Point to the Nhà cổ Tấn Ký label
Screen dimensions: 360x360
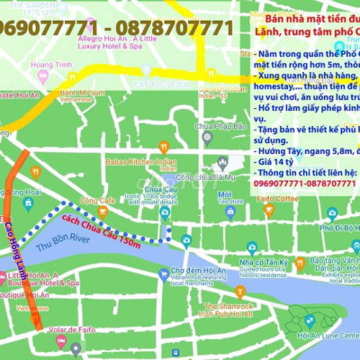click(x=261, y=264)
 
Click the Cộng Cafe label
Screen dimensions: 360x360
click(x=97, y=200)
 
